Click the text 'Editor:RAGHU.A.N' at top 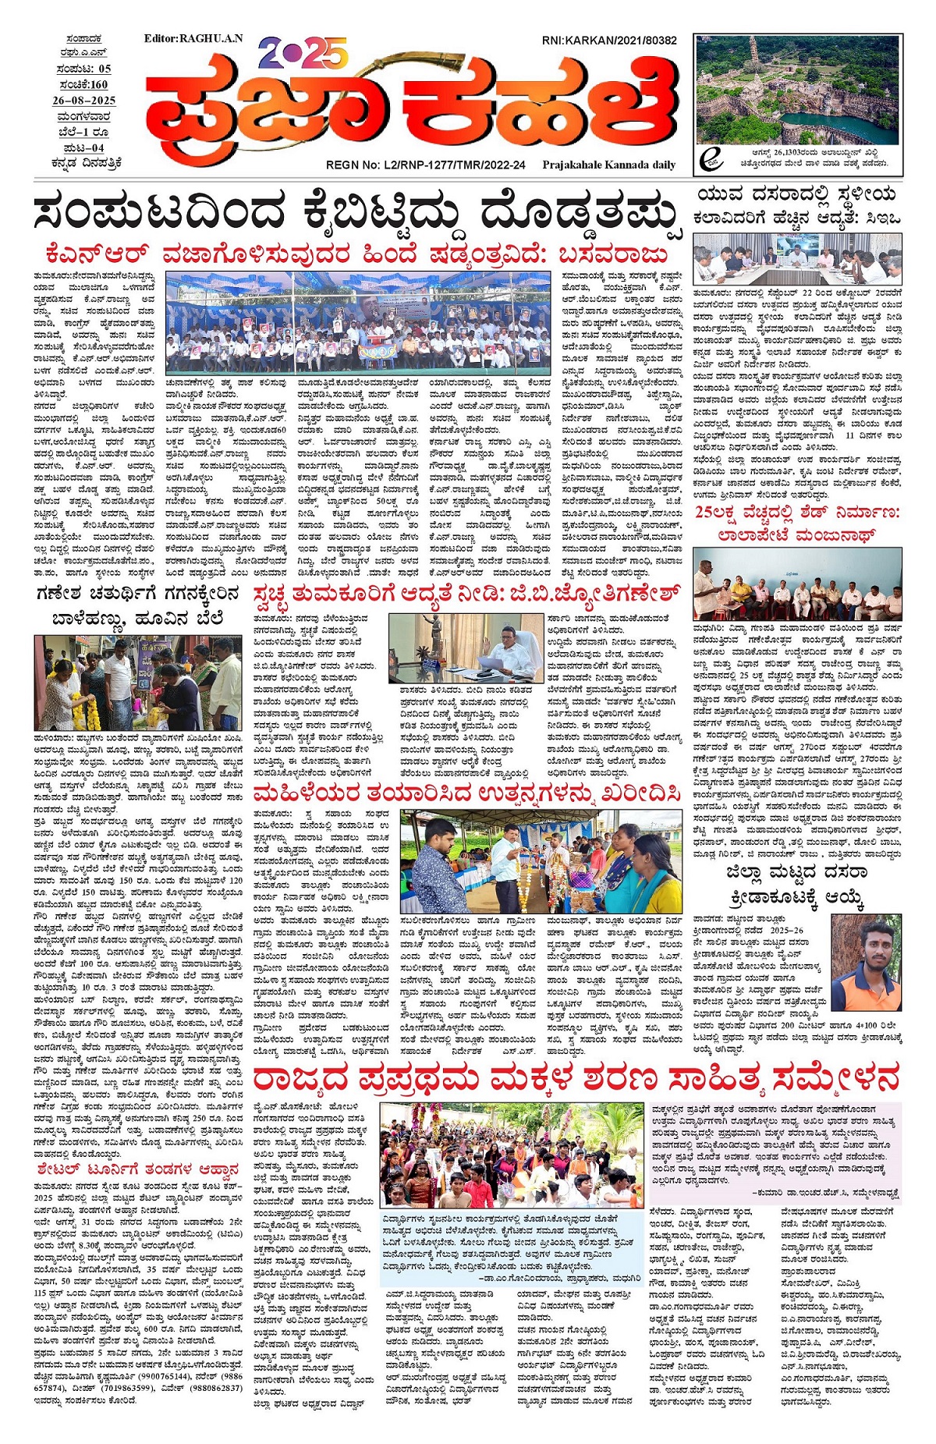(193, 38)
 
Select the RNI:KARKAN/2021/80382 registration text (609, 41)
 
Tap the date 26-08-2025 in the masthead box (84, 101)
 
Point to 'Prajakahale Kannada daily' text (609, 165)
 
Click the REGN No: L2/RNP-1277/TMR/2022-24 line (426, 165)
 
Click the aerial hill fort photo (798, 87)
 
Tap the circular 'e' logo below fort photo (710, 158)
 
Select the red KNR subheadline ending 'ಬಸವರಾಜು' (357, 255)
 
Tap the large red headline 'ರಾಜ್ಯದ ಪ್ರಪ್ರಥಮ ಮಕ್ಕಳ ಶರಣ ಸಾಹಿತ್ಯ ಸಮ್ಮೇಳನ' (576, 1080)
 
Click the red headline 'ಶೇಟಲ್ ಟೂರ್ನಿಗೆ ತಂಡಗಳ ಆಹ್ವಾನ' (137, 1169)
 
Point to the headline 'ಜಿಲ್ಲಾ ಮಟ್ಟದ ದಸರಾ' (797, 871)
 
